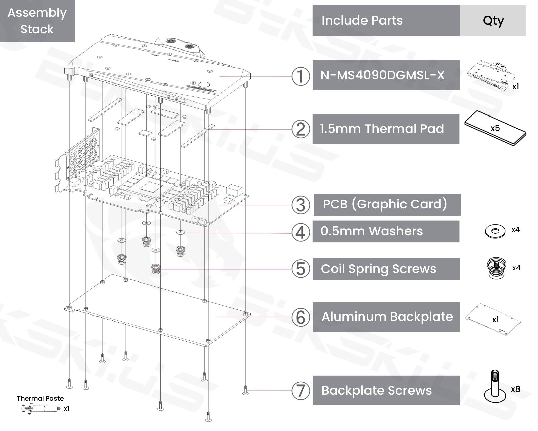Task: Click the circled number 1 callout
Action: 300,76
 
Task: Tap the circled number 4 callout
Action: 300,232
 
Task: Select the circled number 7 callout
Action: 300,391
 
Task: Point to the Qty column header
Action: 493,21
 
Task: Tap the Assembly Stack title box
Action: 37,21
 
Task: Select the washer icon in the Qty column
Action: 495,231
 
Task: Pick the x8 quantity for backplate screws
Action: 515,389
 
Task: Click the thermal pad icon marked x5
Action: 495,128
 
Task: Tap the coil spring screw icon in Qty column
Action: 496,268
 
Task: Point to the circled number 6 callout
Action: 300,317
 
